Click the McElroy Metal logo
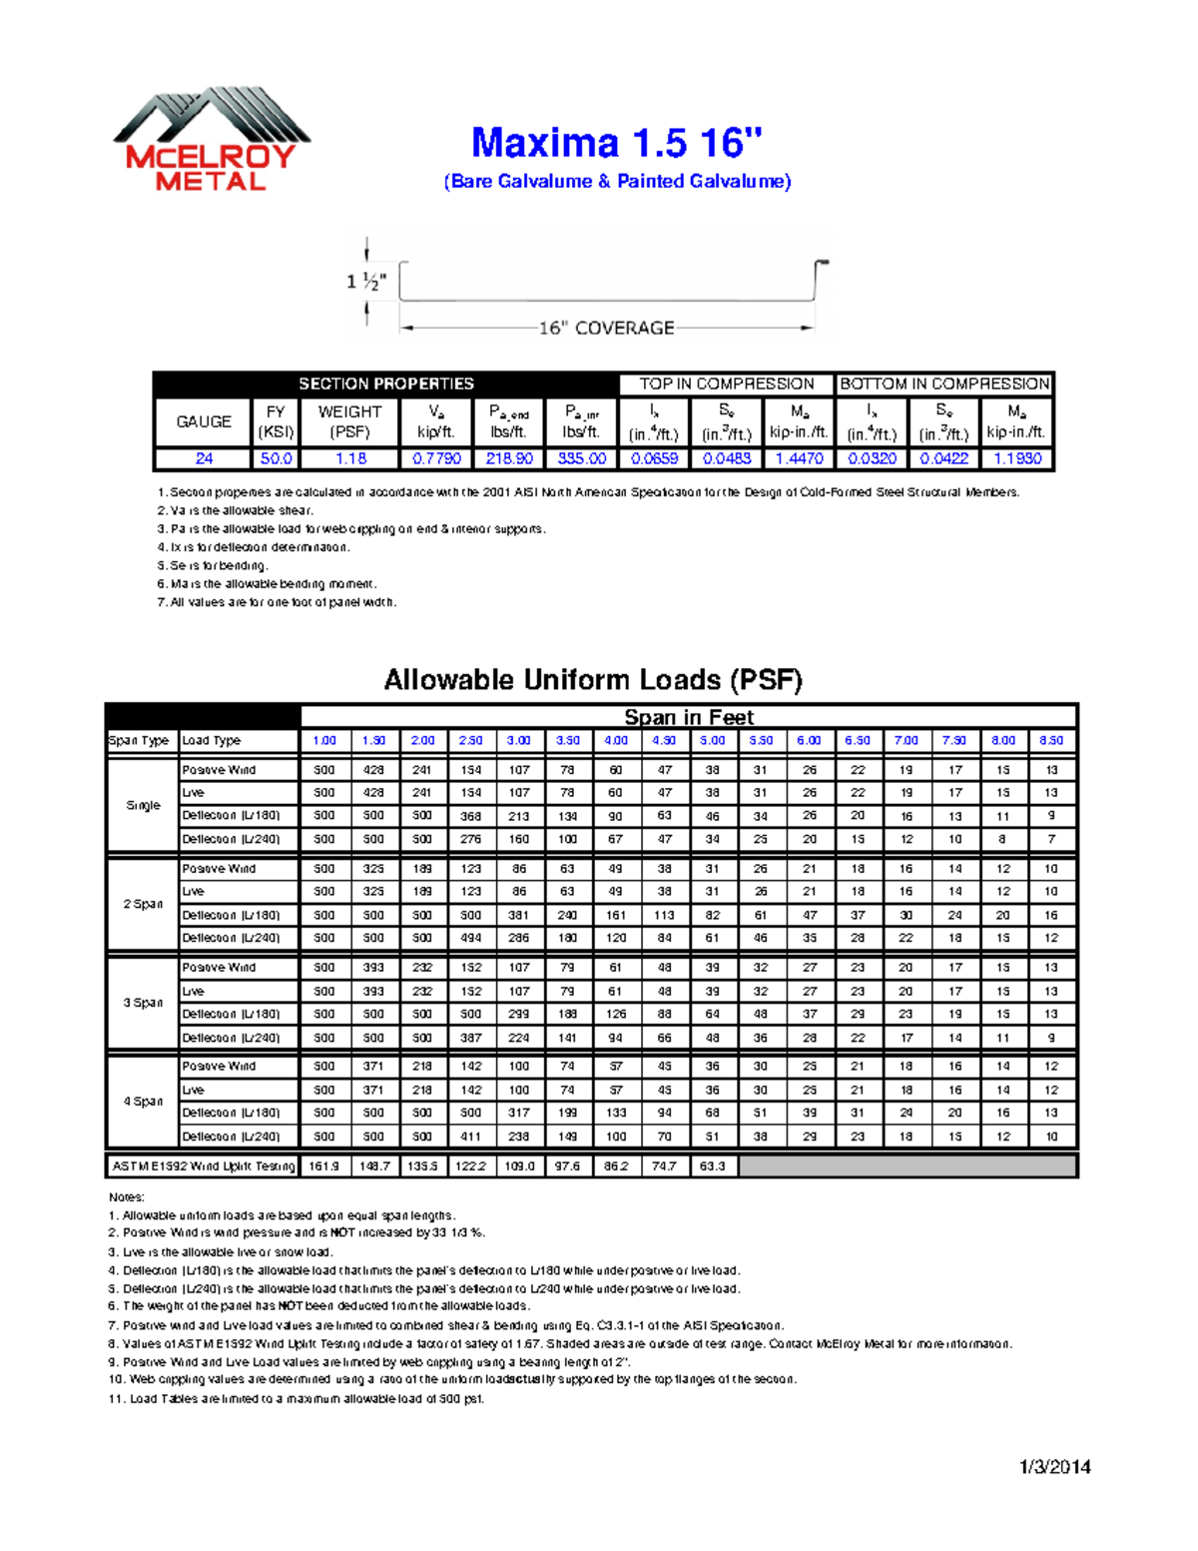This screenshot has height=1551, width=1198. coord(211,140)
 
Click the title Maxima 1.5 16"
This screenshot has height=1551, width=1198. coord(616,143)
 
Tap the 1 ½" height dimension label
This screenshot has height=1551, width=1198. coord(366,282)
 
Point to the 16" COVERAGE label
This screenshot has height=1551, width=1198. coord(606,328)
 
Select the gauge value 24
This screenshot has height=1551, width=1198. coord(204,458)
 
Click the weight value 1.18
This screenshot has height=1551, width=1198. coord(350,458)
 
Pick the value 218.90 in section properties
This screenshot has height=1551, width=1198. coord(509,458)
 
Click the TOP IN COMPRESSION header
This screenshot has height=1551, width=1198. coord(726,384)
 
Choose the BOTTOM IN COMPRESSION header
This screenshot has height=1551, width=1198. coord(944,384)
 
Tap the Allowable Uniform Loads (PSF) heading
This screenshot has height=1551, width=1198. coord(593,680)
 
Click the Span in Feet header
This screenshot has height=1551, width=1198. coord(689,716)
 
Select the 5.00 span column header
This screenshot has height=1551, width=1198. coord(712,740)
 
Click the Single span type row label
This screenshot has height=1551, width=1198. coord(143,805)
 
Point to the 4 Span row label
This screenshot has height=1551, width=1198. coord(143,1101)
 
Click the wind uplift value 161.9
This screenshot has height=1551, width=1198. coord(324,1165)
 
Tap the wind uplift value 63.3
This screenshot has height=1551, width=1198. coord(712,1165)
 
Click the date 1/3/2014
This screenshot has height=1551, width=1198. coord(1054,1466)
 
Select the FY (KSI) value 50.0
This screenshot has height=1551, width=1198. coord(276,458)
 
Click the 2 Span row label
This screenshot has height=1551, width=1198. coord(143,904)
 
